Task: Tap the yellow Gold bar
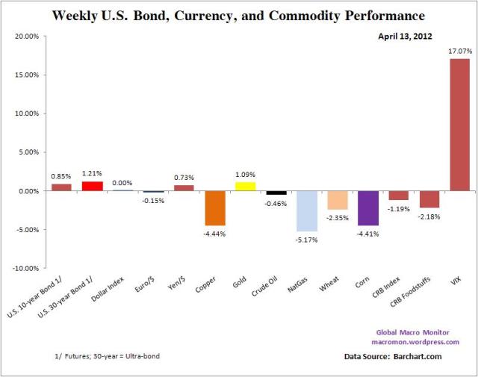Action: (245, 186)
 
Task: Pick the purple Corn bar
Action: (367, 208)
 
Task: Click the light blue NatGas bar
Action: (306, 211)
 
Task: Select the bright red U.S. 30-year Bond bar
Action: (92, 186)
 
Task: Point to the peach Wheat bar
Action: (337, 200)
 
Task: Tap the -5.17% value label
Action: (307, 239)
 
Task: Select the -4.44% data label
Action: (215, 233)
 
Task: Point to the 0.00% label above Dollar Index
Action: (122, 182)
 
